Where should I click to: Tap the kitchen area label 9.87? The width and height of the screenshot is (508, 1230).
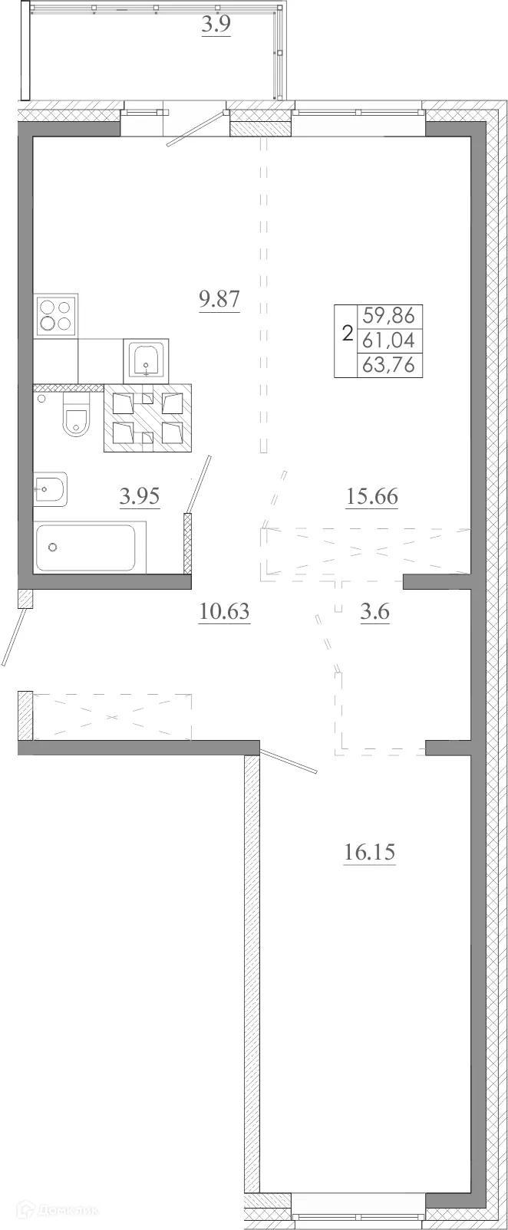219,299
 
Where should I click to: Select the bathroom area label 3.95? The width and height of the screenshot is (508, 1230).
140,497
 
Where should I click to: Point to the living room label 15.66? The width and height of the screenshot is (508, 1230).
371,497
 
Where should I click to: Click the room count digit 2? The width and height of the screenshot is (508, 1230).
346,334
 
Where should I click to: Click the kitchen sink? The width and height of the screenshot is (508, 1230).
144,360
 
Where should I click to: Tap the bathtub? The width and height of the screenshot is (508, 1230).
90,547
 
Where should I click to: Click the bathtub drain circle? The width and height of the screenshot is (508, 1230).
53,547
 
